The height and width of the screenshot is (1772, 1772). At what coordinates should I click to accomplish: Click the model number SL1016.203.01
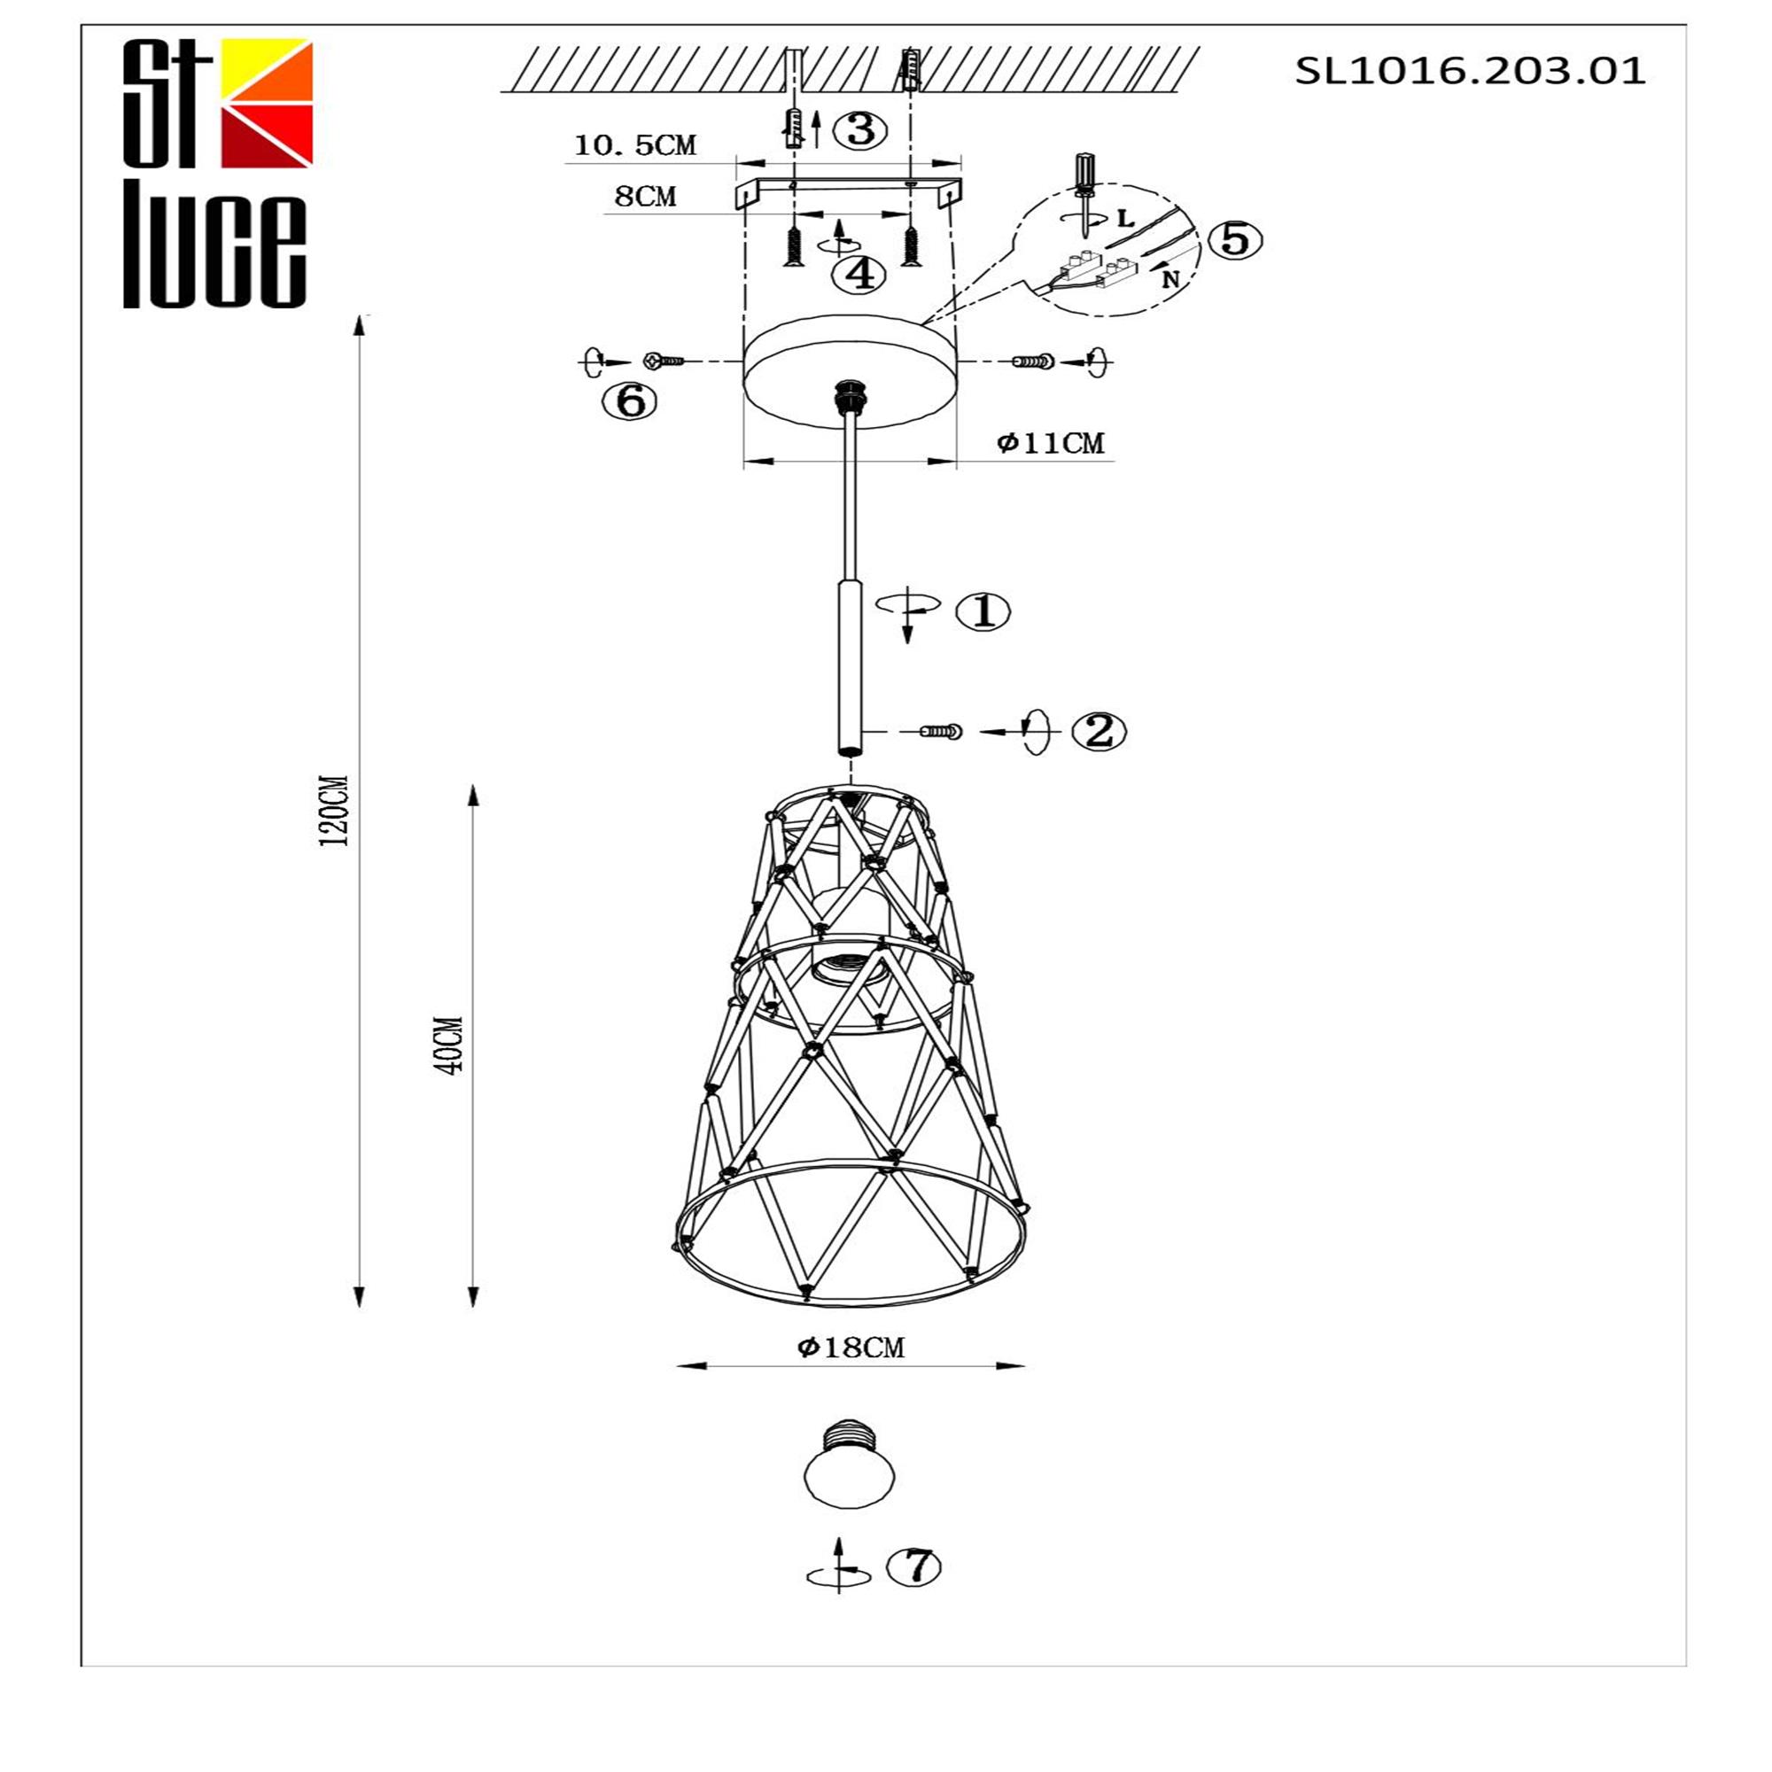pyautogui.click(x=1469, y=71)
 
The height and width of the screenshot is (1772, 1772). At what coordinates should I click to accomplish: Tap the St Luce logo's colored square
pyautogui.click(x=267, y=103)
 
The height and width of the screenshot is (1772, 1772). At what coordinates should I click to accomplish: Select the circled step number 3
pyautogui.click(x=859, y=129)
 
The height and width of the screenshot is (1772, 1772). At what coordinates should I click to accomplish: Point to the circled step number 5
pyautogui.click(x=1234, y=239)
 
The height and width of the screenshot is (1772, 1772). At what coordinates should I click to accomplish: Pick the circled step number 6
pyautogui.click(x=629, y=400)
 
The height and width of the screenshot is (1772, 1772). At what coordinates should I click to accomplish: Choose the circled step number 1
pyautogui.click(x=983, y=610)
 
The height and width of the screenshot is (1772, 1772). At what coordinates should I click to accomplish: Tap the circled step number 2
pyautogui.click(x=1098, y=731)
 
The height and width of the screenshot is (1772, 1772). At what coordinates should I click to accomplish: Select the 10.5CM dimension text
pyautogui.click(x=634, y=145)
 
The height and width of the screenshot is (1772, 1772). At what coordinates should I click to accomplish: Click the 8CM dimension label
pyautogui.click(x=645, y=197)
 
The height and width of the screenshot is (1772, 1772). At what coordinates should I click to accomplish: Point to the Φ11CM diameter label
pyautogui.click(x=1051, y=443)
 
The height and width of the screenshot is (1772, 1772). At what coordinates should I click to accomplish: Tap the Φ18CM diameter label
pyautogui.click(x=851, y=1348)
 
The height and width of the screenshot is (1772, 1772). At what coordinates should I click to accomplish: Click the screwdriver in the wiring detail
pyautogui.click(x=1084, y=190)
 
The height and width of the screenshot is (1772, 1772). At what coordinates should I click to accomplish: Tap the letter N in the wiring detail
pyautogui.click(x=1170, y=279)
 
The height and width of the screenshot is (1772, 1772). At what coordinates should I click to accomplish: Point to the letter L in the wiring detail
pyautogui.click(x=1126, y=218)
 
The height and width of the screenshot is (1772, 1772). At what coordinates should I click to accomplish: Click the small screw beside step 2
pyautogui.click(x=941, y=731)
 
